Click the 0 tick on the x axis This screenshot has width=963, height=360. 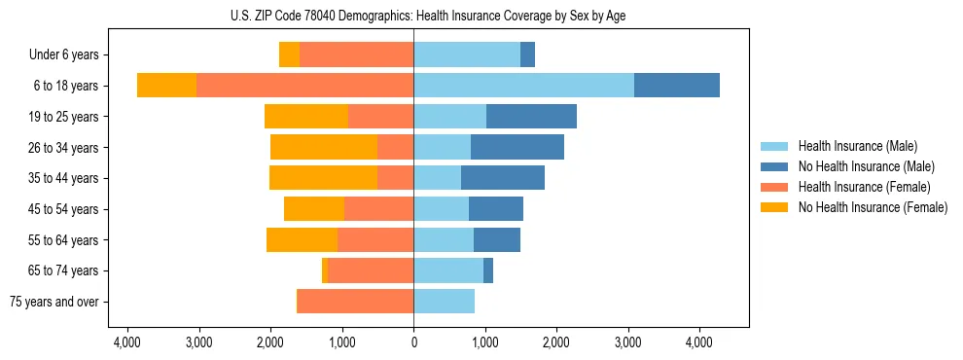click(413, 342)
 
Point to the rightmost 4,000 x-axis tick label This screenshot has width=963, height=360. click(699, 342)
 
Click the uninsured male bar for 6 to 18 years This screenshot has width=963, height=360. click(677, 86)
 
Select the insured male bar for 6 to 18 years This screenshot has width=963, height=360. click(523, 86)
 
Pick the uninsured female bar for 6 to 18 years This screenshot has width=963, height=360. click(166, 86)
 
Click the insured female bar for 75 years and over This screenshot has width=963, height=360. click(356, 302)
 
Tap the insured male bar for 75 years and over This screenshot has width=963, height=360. click(444, 302)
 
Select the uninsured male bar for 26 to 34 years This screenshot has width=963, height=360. click(517, 148)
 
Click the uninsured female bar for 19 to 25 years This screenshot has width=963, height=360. click(306, 117)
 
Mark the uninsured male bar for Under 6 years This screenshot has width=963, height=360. click(527, 55)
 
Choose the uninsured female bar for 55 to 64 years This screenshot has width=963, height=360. click(302, 240)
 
